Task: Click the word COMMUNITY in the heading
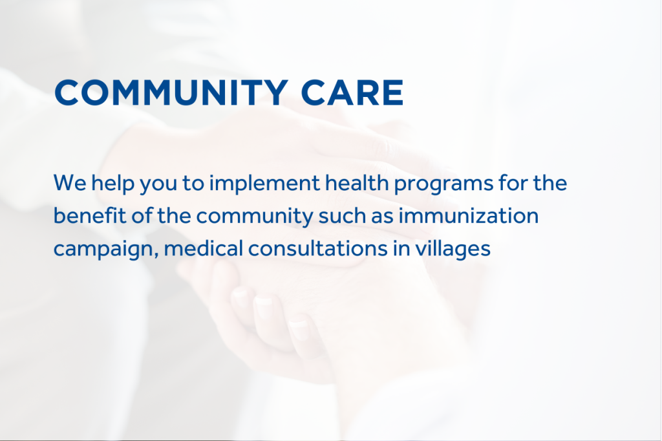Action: pos(171,92)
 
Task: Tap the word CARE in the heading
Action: pos(352,92)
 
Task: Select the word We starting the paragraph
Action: pos(70,183)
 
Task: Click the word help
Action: pos(112,184)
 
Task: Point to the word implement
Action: pos(264,184)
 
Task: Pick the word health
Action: pos(357,182)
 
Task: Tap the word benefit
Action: pos(90,215)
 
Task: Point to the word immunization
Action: pos(469,215)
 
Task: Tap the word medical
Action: pos(204,248)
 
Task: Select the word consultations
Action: pos(318,248)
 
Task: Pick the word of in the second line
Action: pos(142,215)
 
